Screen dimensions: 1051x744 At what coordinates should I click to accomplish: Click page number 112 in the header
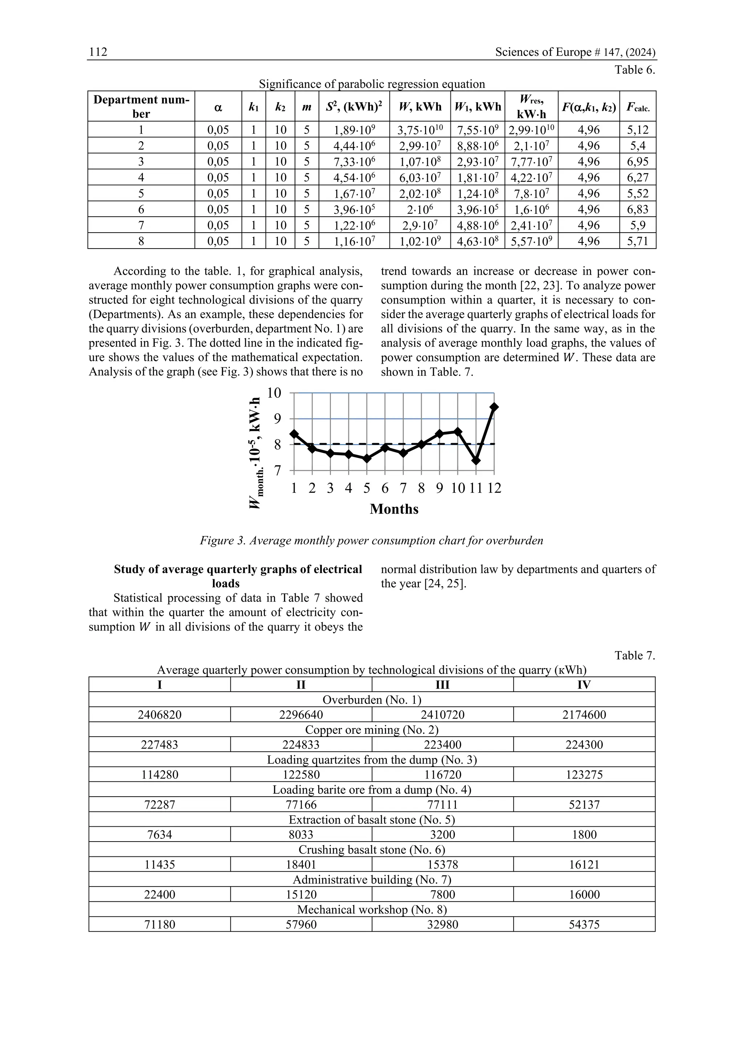pos(98,52)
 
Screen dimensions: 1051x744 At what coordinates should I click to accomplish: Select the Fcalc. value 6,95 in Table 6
pos(638,161)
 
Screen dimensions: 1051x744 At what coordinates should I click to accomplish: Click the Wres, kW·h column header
pos(531,106)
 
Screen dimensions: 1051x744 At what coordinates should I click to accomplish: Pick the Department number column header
pos(141,106)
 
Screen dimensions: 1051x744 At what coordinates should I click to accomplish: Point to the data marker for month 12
pos(494,407)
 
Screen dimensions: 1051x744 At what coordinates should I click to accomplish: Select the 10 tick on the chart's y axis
pos(274,393)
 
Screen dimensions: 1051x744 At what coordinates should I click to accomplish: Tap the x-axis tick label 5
pos(367,488)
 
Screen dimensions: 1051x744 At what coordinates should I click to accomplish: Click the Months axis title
pos(394,509)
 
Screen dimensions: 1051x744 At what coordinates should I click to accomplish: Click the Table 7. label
pos(635,655)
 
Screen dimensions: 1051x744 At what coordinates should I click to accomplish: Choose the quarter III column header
pos(442,685)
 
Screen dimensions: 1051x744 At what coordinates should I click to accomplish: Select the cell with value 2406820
pos(159,715)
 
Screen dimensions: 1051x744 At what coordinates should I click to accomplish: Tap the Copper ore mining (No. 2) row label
pos(372,730)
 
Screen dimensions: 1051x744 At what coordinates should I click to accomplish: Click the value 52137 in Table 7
pos(584,805)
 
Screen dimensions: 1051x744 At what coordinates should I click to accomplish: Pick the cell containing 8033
pos(301,834)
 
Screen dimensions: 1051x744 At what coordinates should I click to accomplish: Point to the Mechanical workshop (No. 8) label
pos(372,909)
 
